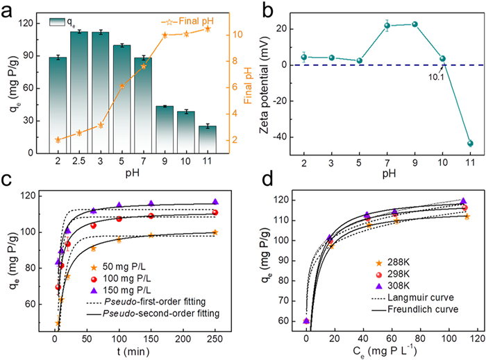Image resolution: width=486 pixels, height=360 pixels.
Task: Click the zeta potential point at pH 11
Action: (470, 144)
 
